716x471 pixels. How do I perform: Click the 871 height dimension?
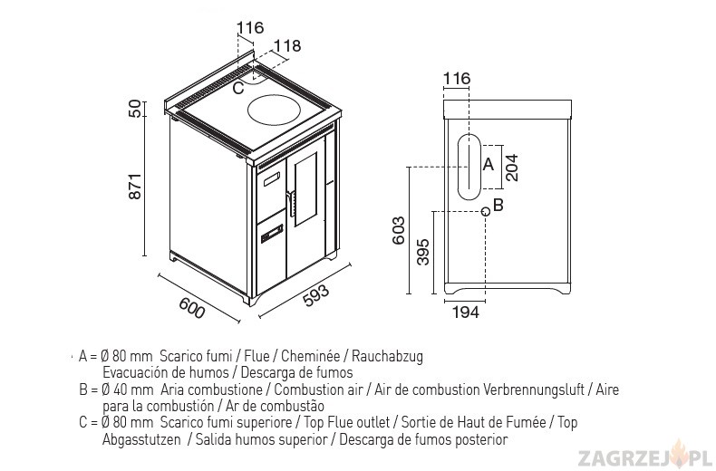click(x=135, y=186)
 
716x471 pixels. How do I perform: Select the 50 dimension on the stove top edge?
click(x=135, y=109)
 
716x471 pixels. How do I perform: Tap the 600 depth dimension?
click(x=192, y=308)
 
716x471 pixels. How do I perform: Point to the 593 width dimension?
click(x=315, y=296)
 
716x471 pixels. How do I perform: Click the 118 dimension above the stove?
click(x=287, y=45)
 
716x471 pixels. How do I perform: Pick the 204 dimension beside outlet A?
click(x=512, y=168)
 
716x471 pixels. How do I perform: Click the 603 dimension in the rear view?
click(x=399, y=230)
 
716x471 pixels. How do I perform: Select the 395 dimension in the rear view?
click(x=423, y=252)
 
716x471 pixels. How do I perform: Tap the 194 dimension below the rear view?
click(x=466, y=312)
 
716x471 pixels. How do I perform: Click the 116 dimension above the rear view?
click(x=457, y=79)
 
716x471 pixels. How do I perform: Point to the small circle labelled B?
click(x=486, y=211)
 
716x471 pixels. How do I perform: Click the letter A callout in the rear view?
click(x=489, y=164)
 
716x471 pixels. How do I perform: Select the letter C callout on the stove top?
click(x=237, y=88)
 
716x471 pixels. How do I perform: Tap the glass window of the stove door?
click(x=305, y=189)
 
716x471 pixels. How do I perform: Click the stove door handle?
click(x=290, y=203)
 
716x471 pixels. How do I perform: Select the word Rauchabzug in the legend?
click(x=387, y=356)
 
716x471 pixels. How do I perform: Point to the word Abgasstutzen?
click(x=141, y=440)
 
